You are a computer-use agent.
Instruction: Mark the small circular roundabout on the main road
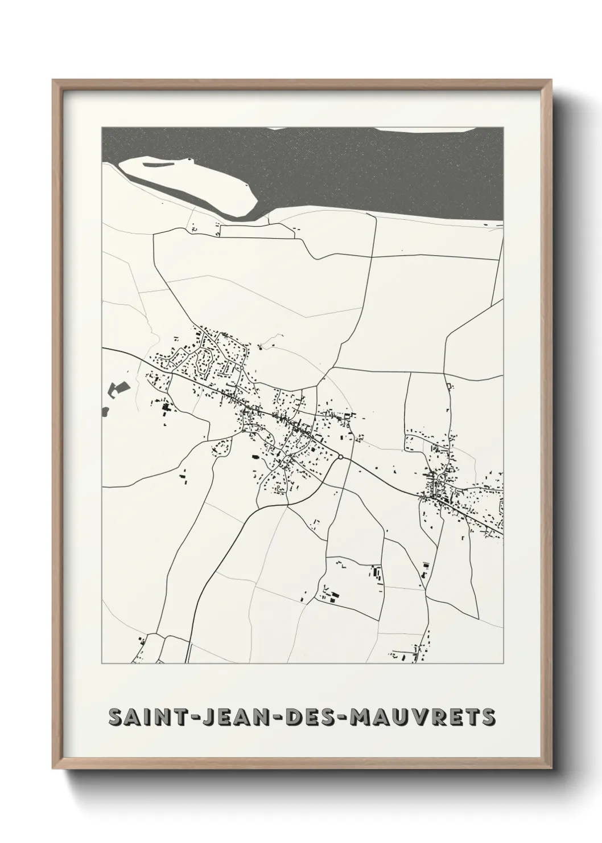click(340, 456)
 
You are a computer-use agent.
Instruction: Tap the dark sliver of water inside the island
click(165, 165)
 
